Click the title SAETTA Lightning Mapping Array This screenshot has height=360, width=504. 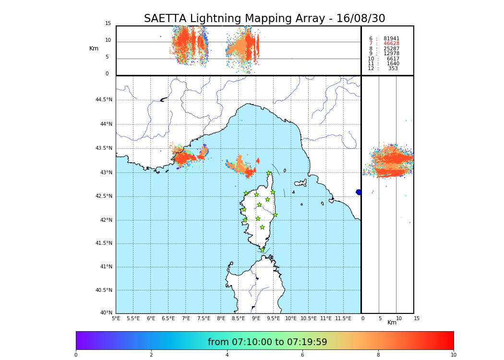(x=264, y=19)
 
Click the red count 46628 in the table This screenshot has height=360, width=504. (x=391, y=44)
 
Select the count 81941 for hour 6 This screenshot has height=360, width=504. (x=391, y=39)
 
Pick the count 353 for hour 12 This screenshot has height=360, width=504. (x=393, y=69)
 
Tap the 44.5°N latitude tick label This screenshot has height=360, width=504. (x=104, y=100)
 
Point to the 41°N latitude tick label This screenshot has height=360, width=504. (x=106, y=267)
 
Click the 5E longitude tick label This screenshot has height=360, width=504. (x=116, y=318)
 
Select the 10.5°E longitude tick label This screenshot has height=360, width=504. (x=309, y=318)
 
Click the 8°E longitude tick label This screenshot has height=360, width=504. (x=221, y=318)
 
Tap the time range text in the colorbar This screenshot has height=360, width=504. (x=267, y=342)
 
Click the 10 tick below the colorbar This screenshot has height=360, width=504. (x=453, y=355)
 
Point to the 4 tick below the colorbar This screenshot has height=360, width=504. (x=227, y=355)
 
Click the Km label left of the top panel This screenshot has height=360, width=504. (x=94, y=48)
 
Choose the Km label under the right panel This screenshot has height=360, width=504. (x=392, y=323)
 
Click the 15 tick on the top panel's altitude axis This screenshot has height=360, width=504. (x=108, y=24)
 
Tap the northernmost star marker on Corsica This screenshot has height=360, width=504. (x=269, y=173)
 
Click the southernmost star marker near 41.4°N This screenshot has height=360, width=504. (x=262, y=250)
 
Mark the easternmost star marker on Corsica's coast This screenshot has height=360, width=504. (x=275, y=215)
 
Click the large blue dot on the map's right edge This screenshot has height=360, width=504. (x=359, y=192)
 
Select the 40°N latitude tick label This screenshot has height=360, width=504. (x=106, y=313)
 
